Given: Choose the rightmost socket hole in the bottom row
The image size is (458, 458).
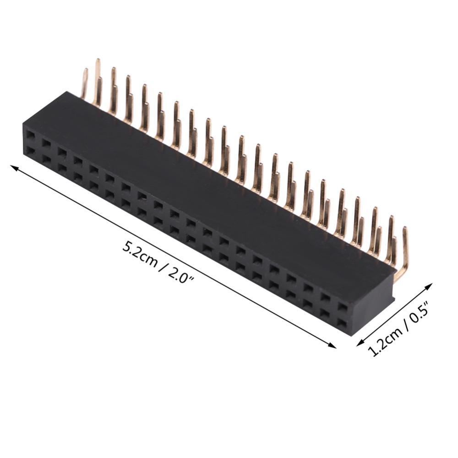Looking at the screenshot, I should (342, 322).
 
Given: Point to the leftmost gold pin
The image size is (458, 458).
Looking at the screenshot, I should (84, 83).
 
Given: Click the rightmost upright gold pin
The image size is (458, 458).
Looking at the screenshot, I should (405, 243).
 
